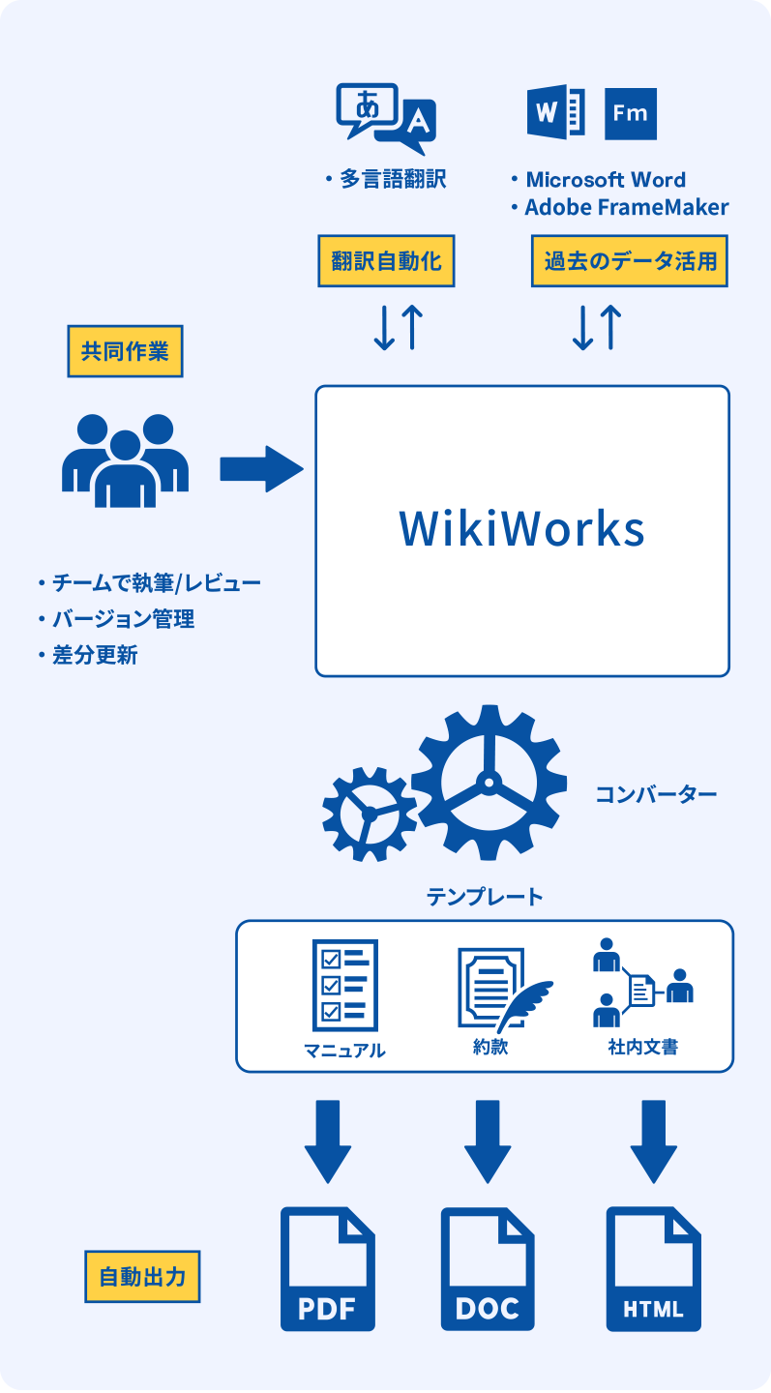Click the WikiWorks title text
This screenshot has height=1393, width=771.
521,529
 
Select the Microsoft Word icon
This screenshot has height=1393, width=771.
555,113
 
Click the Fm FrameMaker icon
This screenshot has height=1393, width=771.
630,113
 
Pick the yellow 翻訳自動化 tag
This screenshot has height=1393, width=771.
386,261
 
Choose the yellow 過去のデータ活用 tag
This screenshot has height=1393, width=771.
629,261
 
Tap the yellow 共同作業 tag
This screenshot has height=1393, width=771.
125,351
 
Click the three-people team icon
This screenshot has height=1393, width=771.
125,460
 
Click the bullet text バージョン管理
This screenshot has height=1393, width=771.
122,619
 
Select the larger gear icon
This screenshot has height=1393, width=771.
488,781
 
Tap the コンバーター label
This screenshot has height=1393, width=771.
656,795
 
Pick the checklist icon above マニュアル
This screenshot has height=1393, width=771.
344,986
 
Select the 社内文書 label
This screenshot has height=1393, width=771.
642,1047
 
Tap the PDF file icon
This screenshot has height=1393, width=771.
327,1269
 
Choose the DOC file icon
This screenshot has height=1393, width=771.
488,1269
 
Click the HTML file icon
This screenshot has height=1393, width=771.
653,1269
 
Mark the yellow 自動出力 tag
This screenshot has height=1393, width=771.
142,1277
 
